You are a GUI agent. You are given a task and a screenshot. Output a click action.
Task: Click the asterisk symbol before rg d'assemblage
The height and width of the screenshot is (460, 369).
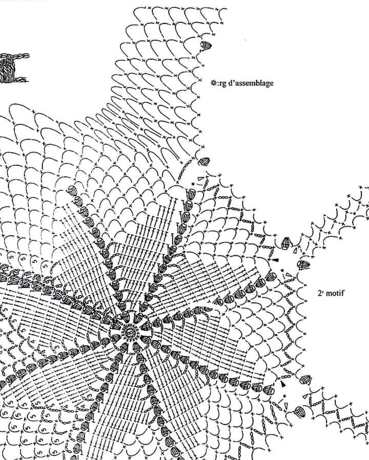coord(214,83)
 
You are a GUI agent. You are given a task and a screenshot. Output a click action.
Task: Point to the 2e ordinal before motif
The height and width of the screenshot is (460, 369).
coord(320,293)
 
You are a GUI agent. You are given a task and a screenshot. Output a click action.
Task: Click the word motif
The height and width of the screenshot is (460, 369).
coord(335,293)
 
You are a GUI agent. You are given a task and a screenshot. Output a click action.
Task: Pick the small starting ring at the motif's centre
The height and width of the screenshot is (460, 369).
coord(129,332)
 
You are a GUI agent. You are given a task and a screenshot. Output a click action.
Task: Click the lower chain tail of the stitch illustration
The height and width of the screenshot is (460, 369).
coord(20,79)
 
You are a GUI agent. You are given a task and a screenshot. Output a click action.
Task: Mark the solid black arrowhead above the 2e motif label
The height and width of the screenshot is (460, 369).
coord(275,260)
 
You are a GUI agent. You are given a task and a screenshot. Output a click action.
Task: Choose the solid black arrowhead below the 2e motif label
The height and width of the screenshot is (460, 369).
coord(283,384)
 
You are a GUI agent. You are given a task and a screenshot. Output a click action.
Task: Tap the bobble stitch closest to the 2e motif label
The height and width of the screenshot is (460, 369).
coord(303,265)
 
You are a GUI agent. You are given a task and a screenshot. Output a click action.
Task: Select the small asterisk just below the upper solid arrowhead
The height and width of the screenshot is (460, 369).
coord(282,270)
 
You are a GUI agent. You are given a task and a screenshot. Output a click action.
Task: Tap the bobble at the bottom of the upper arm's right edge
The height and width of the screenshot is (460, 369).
coord(204,161)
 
